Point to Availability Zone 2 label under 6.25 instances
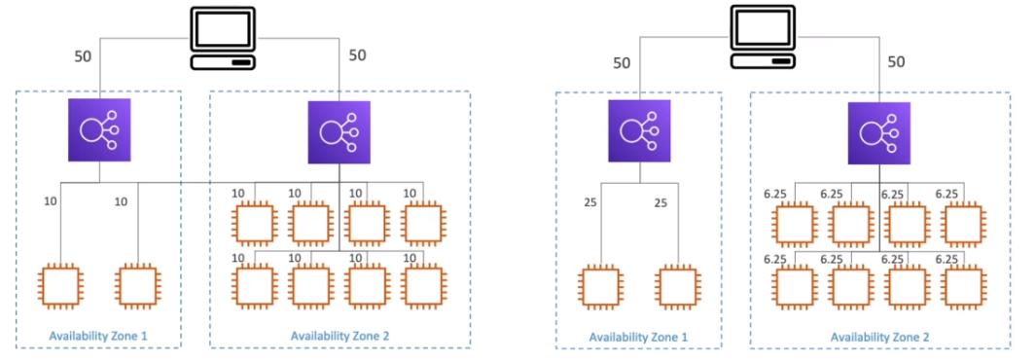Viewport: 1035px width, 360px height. pos(878,336)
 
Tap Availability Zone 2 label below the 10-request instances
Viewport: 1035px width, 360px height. pos(339,336)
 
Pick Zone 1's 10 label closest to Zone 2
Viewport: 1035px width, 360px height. pos(122,202)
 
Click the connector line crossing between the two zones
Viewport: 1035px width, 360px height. pos(196,182)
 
